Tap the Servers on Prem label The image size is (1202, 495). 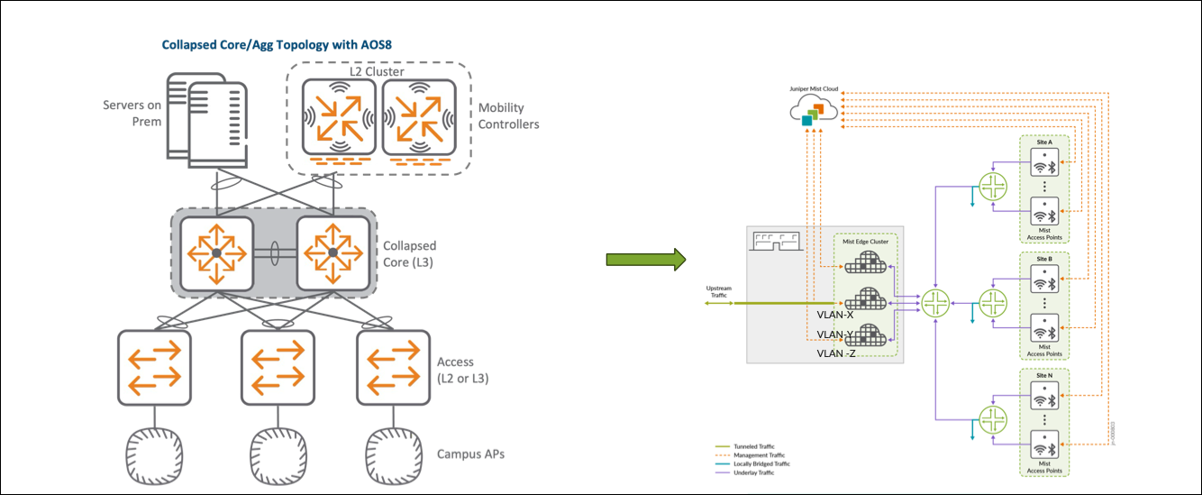coord(132,114)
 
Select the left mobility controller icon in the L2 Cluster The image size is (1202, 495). coord(338,116)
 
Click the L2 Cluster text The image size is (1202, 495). coord(377,71)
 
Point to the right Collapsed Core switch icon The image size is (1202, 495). coord(332,253)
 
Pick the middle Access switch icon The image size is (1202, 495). coord(277,367)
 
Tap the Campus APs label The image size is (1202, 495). coord(470,454)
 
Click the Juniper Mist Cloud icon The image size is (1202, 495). coord(813,114)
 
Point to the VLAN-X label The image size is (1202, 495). coord(834,316)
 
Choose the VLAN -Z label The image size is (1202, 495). coord(835,353)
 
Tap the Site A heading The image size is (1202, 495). coord(1044,142)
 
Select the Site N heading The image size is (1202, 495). coord(1044,374)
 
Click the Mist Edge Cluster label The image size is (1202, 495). coord(865,242)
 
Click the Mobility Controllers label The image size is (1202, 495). coord(509,115)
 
